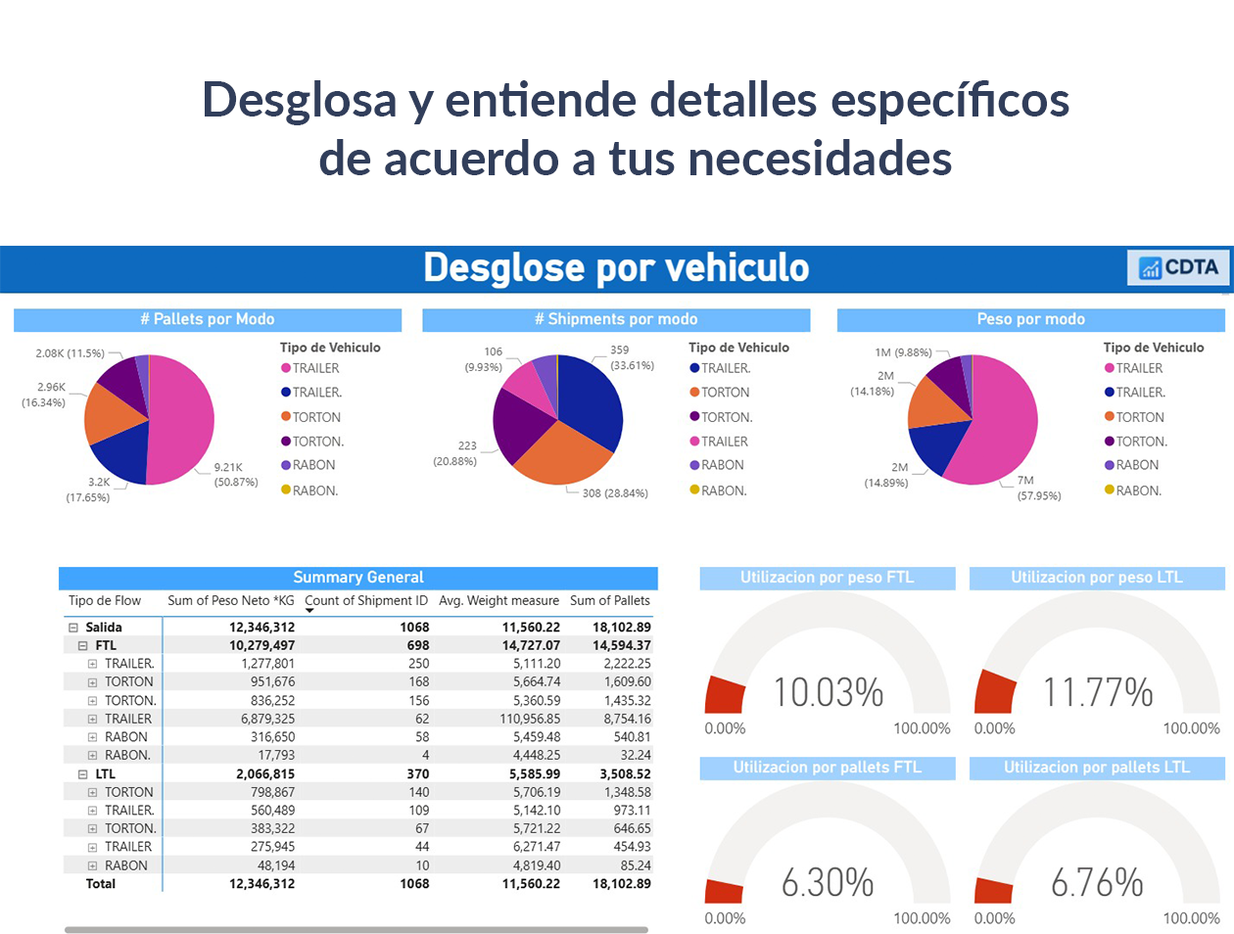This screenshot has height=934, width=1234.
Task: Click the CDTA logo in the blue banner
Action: (1179, 267)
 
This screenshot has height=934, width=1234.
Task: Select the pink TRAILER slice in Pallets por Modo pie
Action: (184, 416)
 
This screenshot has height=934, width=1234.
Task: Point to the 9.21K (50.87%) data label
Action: (235, 475)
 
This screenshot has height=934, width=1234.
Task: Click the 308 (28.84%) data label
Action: (615, 493)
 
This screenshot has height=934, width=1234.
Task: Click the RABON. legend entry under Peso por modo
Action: (1138, 490)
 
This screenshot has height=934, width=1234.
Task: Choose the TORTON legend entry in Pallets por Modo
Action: (315, 417)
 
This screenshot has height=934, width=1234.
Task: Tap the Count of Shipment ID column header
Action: (365, 600)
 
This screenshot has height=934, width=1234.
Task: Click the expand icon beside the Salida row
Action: (73, 628)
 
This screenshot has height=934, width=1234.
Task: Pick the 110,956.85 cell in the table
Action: (529, 719)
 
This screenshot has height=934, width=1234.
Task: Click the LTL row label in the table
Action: (106, 773)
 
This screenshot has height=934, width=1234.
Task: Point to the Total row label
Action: (100, 884)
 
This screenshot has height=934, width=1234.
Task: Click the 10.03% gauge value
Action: (829, 692)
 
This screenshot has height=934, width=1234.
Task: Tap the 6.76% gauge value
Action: (1097, 882)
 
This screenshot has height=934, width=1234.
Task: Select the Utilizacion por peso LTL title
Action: (1097, 578)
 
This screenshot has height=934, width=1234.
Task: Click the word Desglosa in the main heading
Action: (299, 100)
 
